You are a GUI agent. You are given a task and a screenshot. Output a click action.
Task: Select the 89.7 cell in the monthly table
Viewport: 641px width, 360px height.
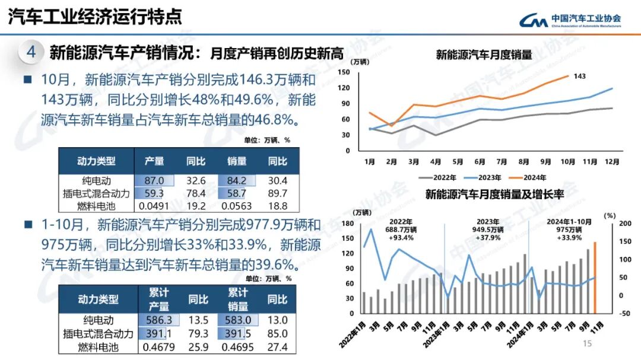coord(277,193)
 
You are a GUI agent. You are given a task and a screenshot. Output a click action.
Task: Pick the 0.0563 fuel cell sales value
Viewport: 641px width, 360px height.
coord(236,206)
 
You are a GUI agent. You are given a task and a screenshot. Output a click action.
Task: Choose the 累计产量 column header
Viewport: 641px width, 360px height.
coord(158,300)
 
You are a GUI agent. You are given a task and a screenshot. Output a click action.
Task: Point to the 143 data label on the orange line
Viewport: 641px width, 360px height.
coord(580,76)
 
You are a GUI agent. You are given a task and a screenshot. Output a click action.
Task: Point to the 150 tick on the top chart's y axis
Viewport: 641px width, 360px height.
coord(343,72)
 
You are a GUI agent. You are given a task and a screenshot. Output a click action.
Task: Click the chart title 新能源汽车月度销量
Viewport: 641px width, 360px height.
coord(484,55)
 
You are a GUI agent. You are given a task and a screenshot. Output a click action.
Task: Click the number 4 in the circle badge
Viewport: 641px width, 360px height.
coord(31,52)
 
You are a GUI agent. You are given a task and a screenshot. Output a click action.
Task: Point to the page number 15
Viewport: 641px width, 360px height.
coord(588,344)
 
